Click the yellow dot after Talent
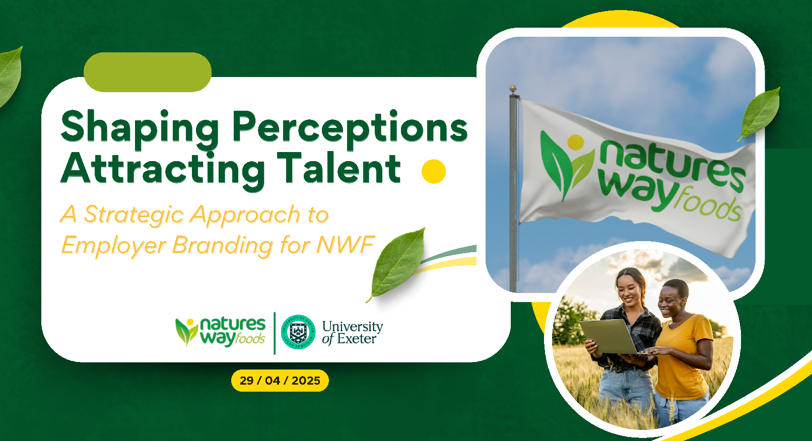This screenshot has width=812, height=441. [x=434, y=171]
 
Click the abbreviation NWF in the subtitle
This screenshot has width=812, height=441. [x=346, y=245]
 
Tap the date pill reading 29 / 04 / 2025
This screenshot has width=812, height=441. [x=280, y=381]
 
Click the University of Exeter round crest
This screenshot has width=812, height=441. [x=298, y=332]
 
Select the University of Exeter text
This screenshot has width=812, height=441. [x=352, y=333]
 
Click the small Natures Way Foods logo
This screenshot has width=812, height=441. [x=221, y=332]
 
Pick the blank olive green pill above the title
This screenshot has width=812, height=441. [x=148, y=72]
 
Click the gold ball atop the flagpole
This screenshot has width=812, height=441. [x=513, y=89]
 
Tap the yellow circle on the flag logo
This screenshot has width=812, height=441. [x=576, y=142]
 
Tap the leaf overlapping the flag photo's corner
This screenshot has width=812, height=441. [x=759, y=114]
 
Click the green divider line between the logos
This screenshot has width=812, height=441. [x=275, y=333]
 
